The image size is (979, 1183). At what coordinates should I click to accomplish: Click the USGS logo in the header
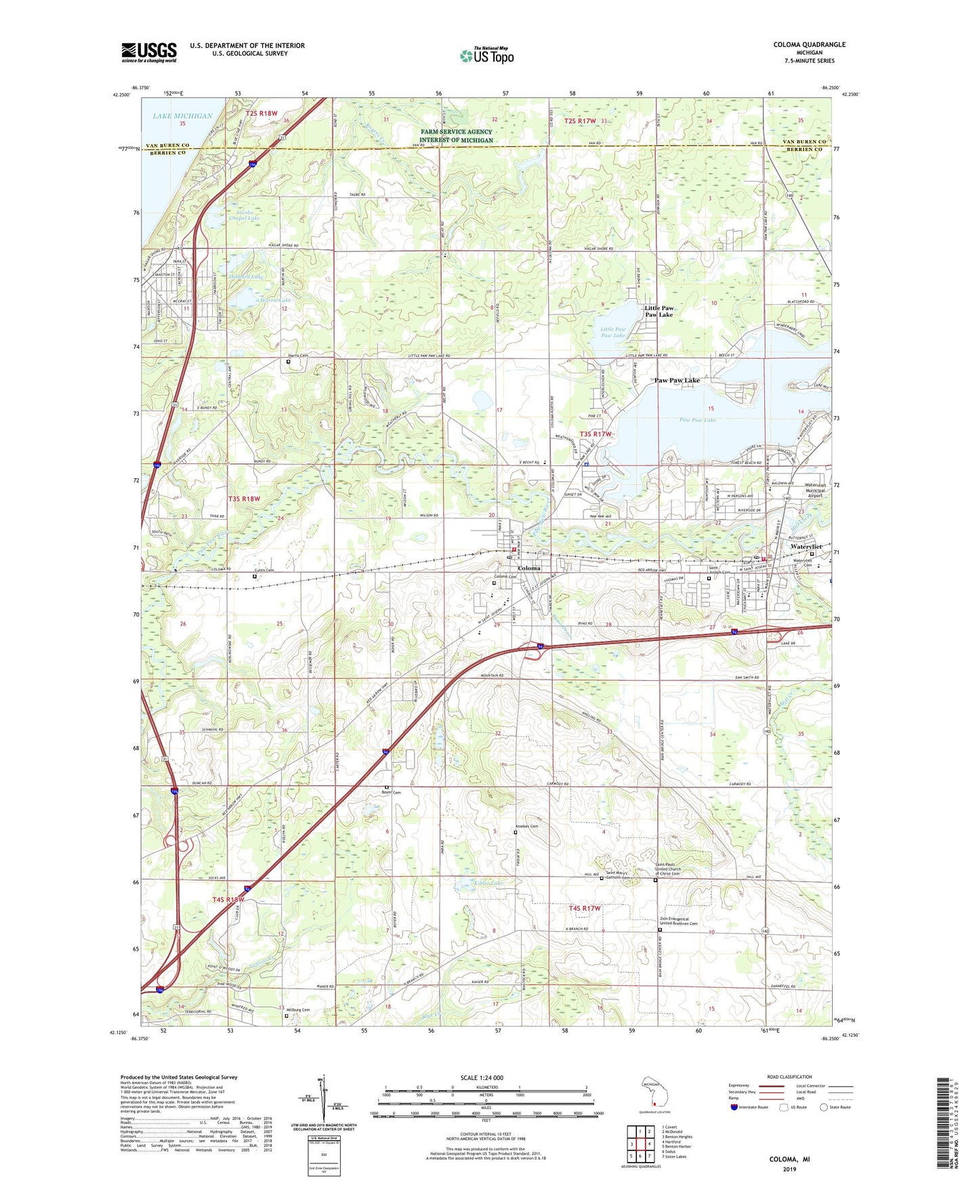(149, 52)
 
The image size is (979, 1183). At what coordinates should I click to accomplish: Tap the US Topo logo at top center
(486, 56)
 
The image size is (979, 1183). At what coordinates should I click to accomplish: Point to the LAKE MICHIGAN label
(182, 116)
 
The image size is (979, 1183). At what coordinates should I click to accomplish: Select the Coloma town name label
(528, 568)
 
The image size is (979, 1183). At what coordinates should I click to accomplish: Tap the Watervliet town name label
(806, 546)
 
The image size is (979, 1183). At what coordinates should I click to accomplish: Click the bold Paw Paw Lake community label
(676, 381)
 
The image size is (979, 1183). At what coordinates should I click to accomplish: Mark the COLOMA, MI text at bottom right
(789, 1159)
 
